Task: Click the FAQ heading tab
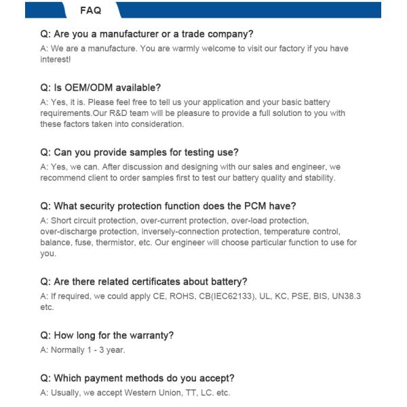click(x=90, y=10)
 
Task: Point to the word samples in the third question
click(x=153, y=153)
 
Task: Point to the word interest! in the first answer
click(x=56, y=60)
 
